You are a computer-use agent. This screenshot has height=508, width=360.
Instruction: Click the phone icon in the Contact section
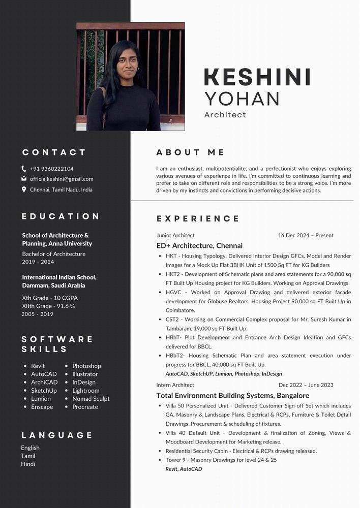(24, 169)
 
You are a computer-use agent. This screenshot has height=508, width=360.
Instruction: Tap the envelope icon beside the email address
(24, 179)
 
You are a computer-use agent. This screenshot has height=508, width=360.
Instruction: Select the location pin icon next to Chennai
(24, 189)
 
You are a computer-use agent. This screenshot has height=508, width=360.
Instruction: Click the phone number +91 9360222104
(51, 169)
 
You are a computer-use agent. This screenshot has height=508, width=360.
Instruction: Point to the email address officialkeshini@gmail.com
(62, 179)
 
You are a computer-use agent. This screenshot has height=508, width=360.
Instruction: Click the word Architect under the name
(225, 115)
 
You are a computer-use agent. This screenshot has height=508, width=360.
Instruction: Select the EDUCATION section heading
(61, 216)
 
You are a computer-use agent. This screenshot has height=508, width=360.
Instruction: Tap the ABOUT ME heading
(190, 152)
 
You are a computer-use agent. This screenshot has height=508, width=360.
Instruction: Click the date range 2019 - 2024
(38, 262)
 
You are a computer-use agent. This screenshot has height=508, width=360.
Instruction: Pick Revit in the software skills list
(38, 366)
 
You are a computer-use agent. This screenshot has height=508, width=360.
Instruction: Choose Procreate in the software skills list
(85, 407)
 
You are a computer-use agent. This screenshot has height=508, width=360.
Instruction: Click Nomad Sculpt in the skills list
(91, 399)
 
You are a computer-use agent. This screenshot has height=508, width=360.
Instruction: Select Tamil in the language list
(28, 456)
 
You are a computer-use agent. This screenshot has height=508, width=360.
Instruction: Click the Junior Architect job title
(175, 235)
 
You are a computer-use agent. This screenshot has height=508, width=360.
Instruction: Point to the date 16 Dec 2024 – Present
(306, 235)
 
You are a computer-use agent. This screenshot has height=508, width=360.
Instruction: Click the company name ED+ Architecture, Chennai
(199, 245)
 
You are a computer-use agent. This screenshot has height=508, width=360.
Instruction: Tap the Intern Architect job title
(175, 385)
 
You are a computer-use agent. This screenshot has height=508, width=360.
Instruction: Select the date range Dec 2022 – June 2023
(306, 385)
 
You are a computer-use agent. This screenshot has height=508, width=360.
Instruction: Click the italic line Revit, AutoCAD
(184, 469)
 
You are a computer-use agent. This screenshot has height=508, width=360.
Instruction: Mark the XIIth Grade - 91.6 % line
(48, 306)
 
